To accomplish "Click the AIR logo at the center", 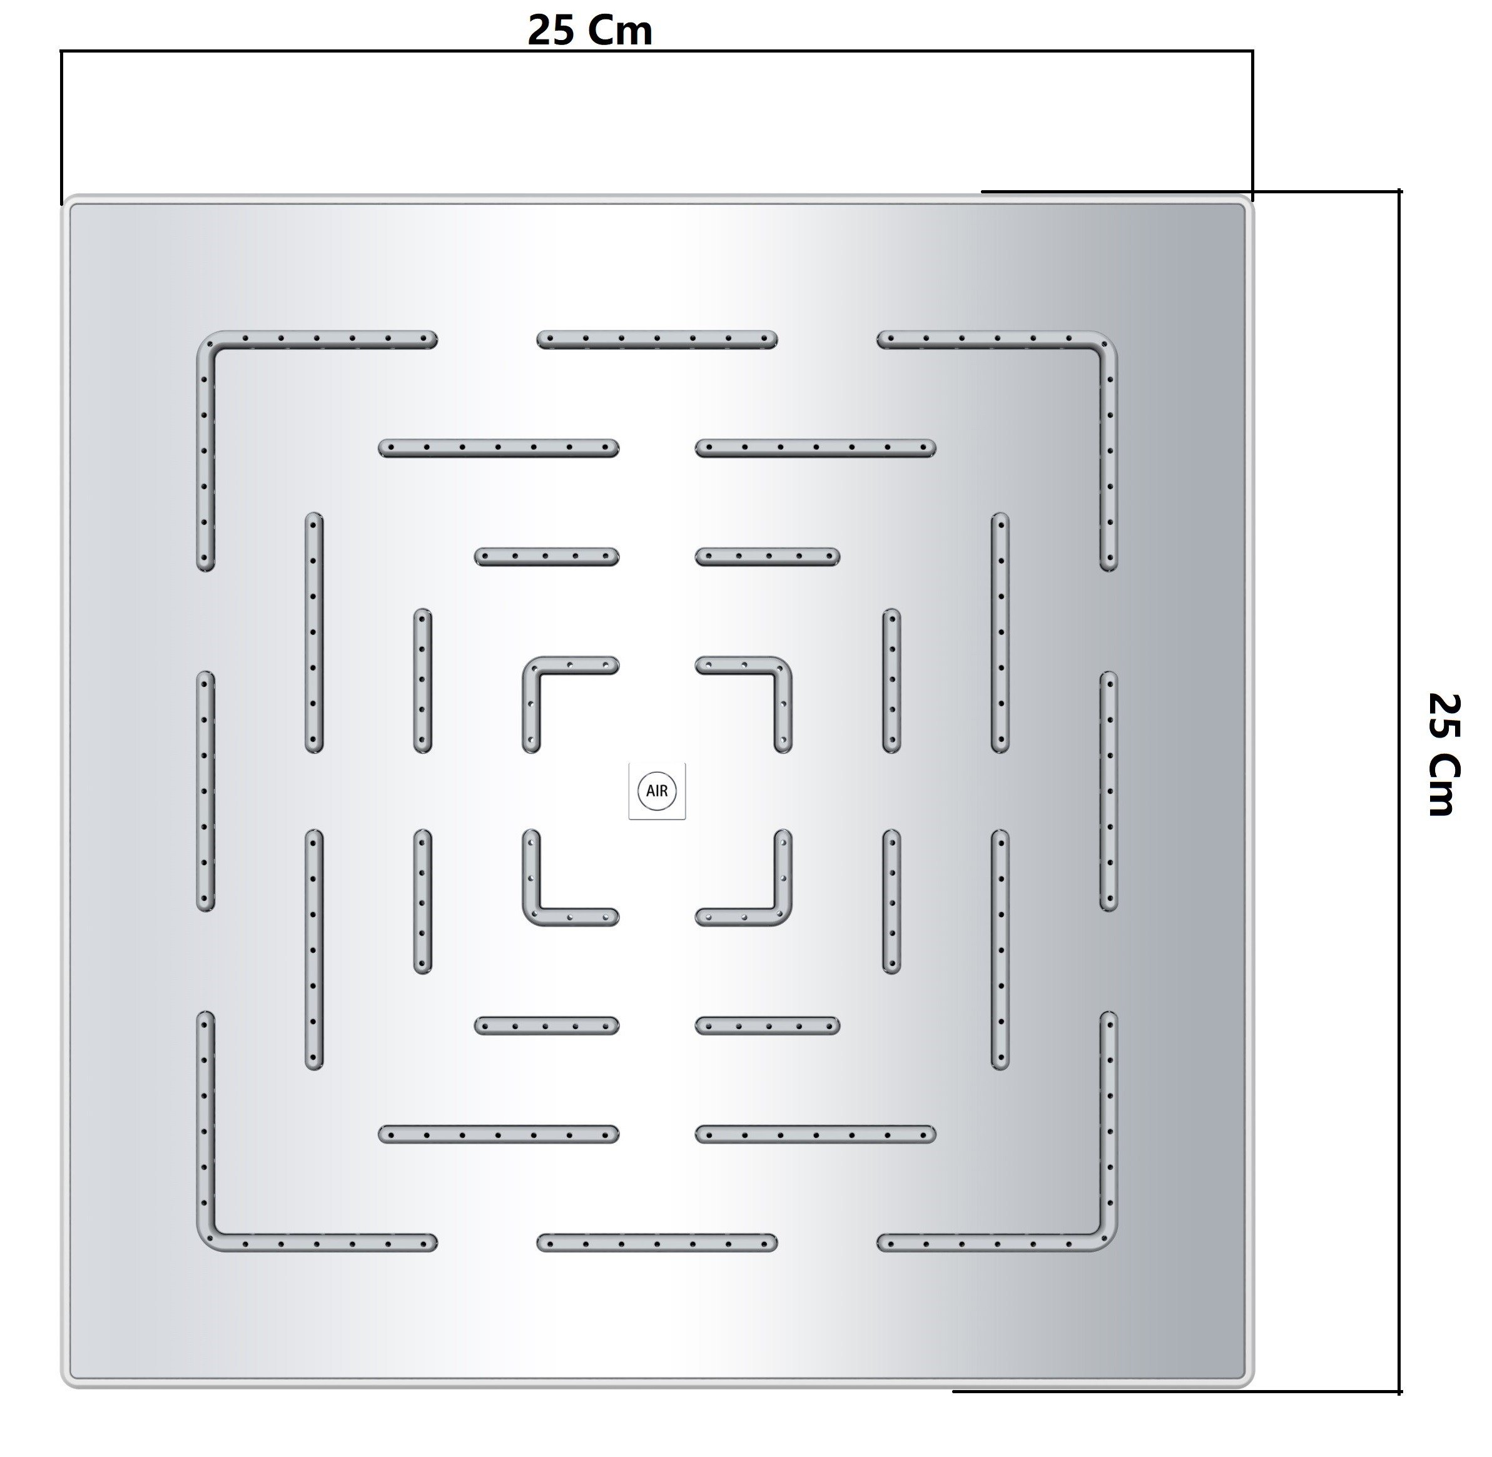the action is pos(656,791).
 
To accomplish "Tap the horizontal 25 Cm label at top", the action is pos(590,31).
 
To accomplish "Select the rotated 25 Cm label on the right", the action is pos(1444,754).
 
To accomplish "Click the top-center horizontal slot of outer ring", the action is pos(656,340).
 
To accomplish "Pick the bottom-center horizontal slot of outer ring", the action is pos(656,1242).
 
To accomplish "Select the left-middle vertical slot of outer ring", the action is pos(205,791).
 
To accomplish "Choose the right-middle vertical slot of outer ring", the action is pos(1108,791).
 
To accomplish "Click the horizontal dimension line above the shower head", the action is pos(656,51).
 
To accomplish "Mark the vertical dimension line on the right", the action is pos(1399,791).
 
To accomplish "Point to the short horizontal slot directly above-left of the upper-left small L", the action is pos(546,556).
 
